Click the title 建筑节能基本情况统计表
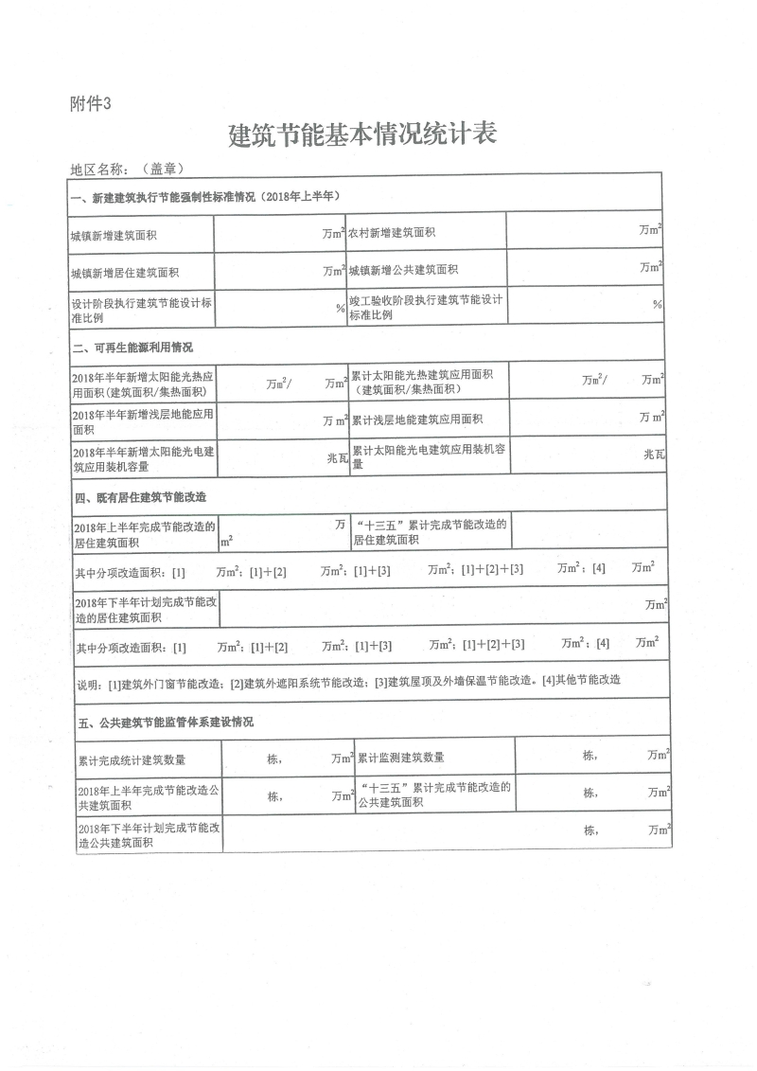click(x=363, y=134)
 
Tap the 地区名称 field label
click(x=98, y=169)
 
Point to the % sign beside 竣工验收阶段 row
click(x=657, y=305)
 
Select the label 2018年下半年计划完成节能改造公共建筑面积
click(x=149, y=834)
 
